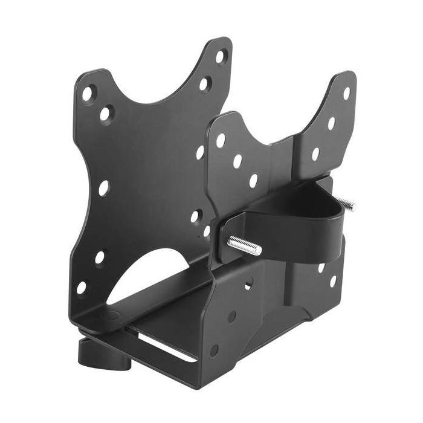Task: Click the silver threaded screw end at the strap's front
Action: (245, 245)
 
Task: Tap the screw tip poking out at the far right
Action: (349, 204)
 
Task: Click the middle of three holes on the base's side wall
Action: (231, 317)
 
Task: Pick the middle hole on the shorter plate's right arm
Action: (331, 123)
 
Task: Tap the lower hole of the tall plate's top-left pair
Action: (105, 113)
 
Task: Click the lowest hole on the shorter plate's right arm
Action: (315, 154)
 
